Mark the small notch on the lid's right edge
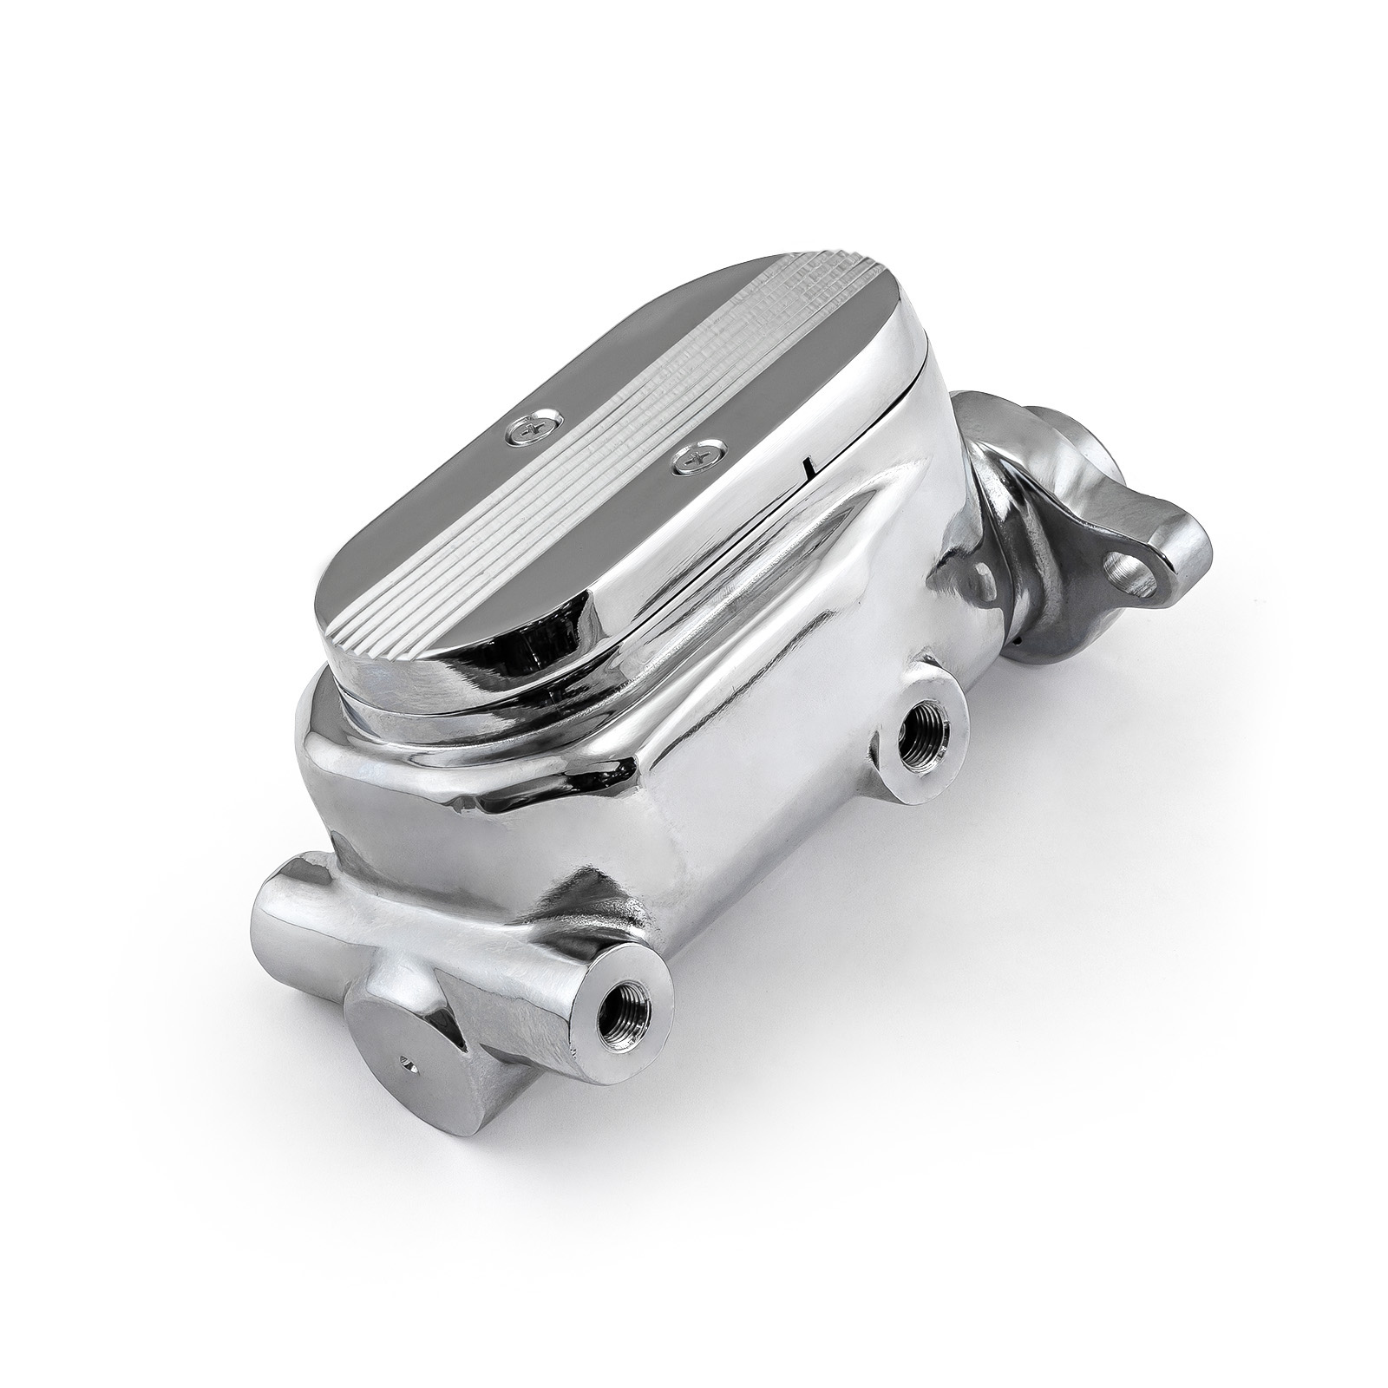pos(809,469)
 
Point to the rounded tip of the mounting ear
pos(1188,555)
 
